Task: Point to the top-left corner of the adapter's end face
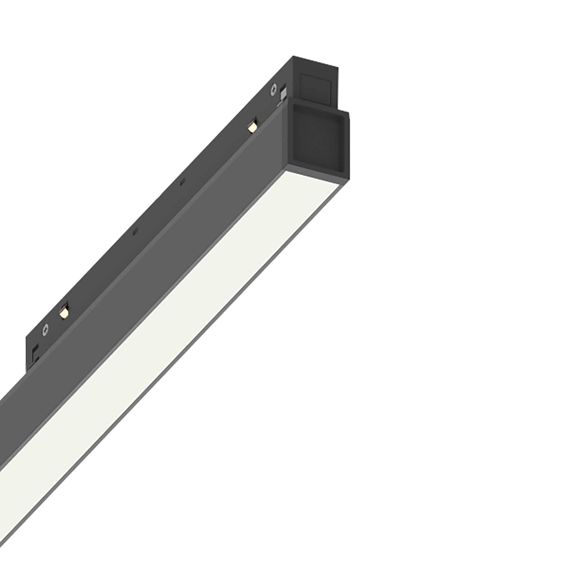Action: point(293,56)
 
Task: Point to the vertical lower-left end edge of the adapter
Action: point(27,356)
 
